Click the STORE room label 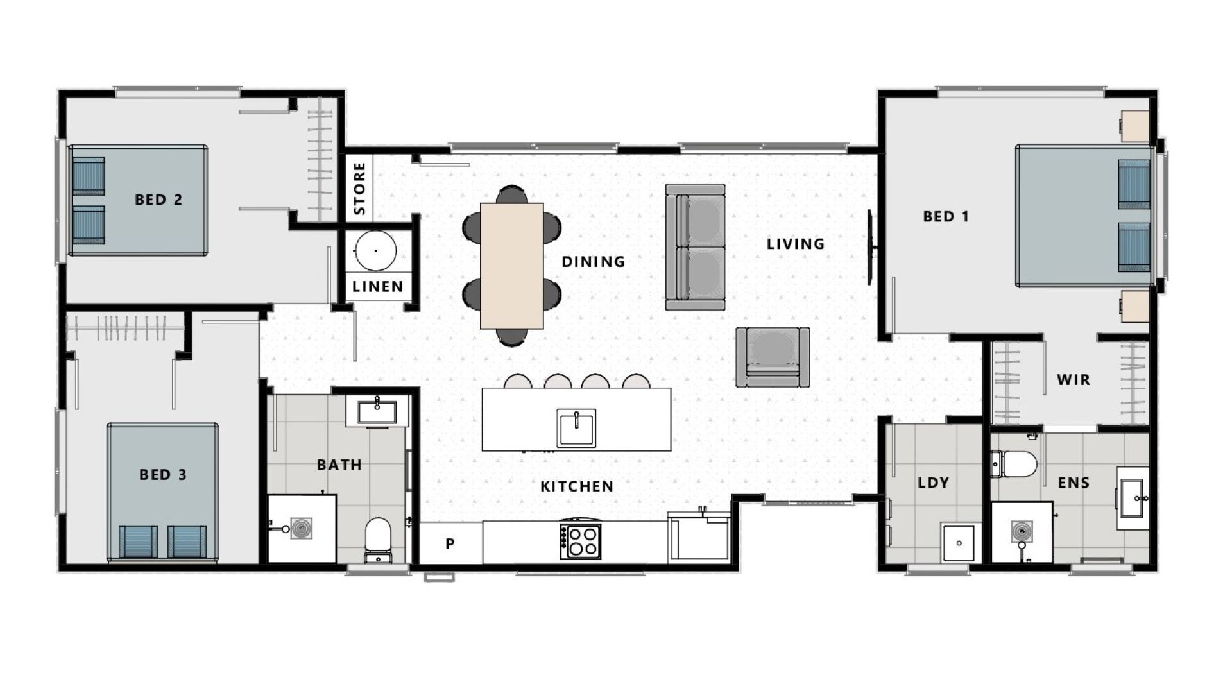pyautogui.click(x=359, y=189)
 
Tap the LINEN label pyautogui.click(x=378, y=287)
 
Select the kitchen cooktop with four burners pyautogui.click(x=581, y=541)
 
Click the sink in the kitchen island pyautogui.click(x=576, y=427)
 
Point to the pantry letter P pyautogui.click(x=450, y=544)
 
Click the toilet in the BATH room pyautogui.click(x=378, y=539)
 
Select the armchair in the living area pyautogui.click(x=773, y=357)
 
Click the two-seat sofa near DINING pyautogui.click(x=696, y=247)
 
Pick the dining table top pyautogui.click(x=512, y=266)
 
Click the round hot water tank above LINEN pyautogui.click(x=376, y=251)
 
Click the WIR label pyautogui.click(x=1073, y=380)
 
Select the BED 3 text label pyautogui.click(x=163, y=475)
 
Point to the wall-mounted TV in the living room pyautogui.click(x=871, y=247)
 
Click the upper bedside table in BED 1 pyautogui.click(x=1134, y=125)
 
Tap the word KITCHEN pyautogui.click(x=577, y=486)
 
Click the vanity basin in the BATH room pyautogui.click(x=377, y=411)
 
